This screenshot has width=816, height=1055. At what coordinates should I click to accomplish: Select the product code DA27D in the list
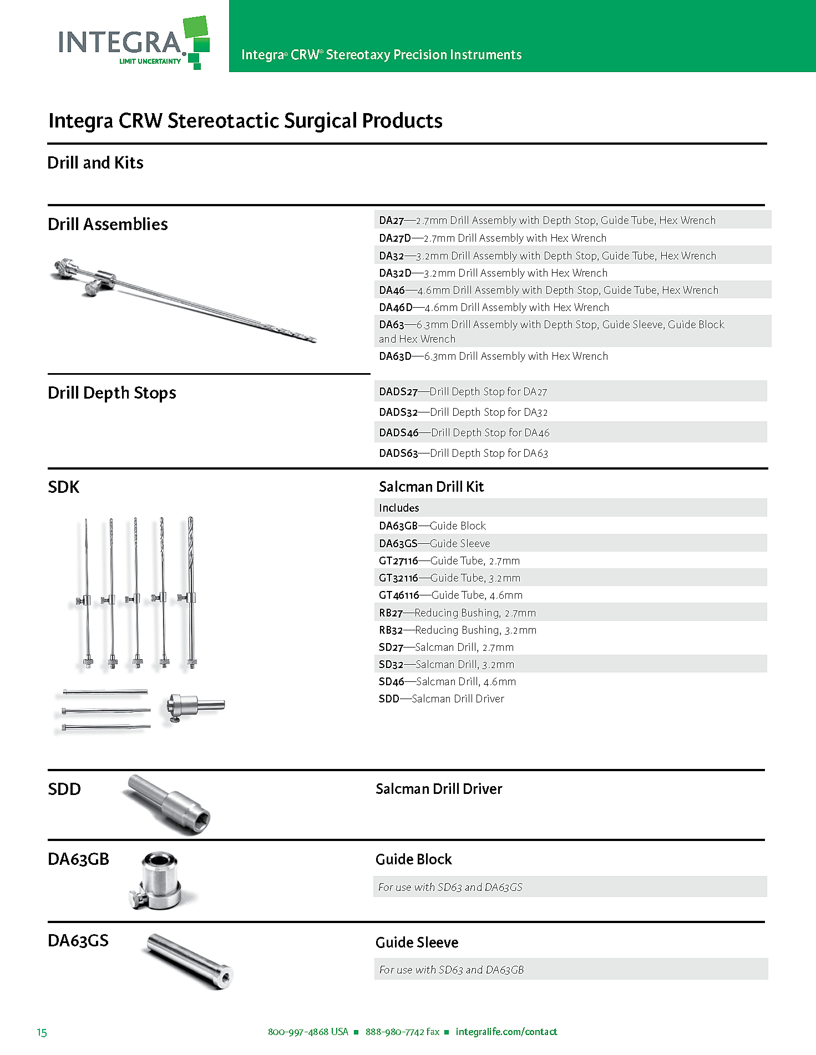(395, 238)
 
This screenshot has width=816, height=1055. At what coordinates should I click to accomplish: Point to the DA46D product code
(396, 307)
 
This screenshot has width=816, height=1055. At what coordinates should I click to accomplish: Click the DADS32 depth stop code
(398, 412)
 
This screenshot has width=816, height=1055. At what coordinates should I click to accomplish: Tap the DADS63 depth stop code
(398, 453)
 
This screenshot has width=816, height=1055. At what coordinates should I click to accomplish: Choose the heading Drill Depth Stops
(112, 393)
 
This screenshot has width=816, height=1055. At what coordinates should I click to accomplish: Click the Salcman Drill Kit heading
(431, 486)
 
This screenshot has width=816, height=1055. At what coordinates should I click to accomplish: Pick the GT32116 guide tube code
(398, 578)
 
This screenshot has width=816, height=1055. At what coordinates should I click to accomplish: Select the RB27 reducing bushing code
(391, 613)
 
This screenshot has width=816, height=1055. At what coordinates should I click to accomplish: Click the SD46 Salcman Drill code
(392, 681)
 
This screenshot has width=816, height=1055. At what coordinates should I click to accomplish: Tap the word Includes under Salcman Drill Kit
(399, 508)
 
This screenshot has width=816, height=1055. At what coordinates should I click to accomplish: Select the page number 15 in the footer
(42, 1032)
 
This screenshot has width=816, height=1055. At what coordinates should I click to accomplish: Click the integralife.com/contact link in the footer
(506, 1032)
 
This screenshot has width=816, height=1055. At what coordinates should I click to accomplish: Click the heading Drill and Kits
(95, 162)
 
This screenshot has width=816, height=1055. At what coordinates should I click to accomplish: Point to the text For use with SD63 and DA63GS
(450, 887)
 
